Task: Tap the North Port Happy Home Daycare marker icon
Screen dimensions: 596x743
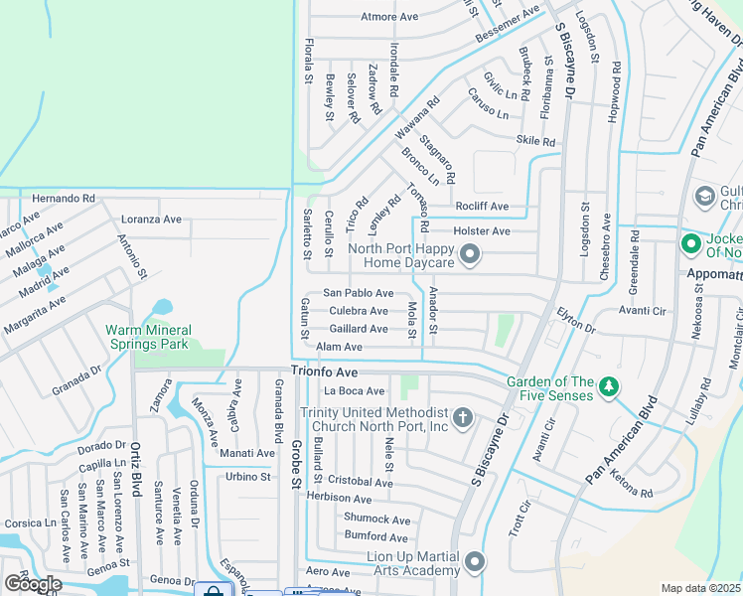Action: [x=471, y=256]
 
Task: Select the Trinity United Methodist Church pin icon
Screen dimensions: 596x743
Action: [x=462, y=418]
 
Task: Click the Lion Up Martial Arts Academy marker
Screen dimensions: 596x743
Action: [x=475, y=563]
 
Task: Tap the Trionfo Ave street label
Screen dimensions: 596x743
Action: [x=324, y=372]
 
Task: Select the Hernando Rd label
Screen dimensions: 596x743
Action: [x=64, y=199]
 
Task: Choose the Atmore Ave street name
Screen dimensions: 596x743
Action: [x=389, y=17]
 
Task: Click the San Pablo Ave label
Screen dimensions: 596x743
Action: [x=359, y=293]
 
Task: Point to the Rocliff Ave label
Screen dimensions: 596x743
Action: [x=482, y=207]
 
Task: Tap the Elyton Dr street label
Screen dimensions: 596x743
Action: [x=575, y=320]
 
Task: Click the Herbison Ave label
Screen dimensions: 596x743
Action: [x=339, y=497]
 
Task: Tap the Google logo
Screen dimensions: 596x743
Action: [x=32, y=583]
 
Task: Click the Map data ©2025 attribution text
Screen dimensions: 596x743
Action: [x=701, y=588]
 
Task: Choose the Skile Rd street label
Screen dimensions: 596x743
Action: [x=535, y=142]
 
